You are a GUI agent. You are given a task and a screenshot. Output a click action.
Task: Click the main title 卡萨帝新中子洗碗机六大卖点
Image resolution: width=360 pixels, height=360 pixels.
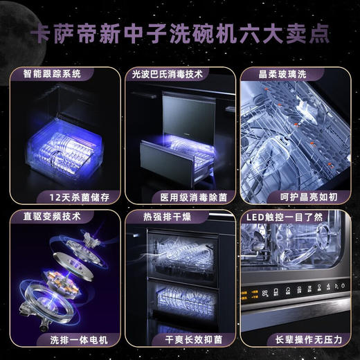coord(180,35)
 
